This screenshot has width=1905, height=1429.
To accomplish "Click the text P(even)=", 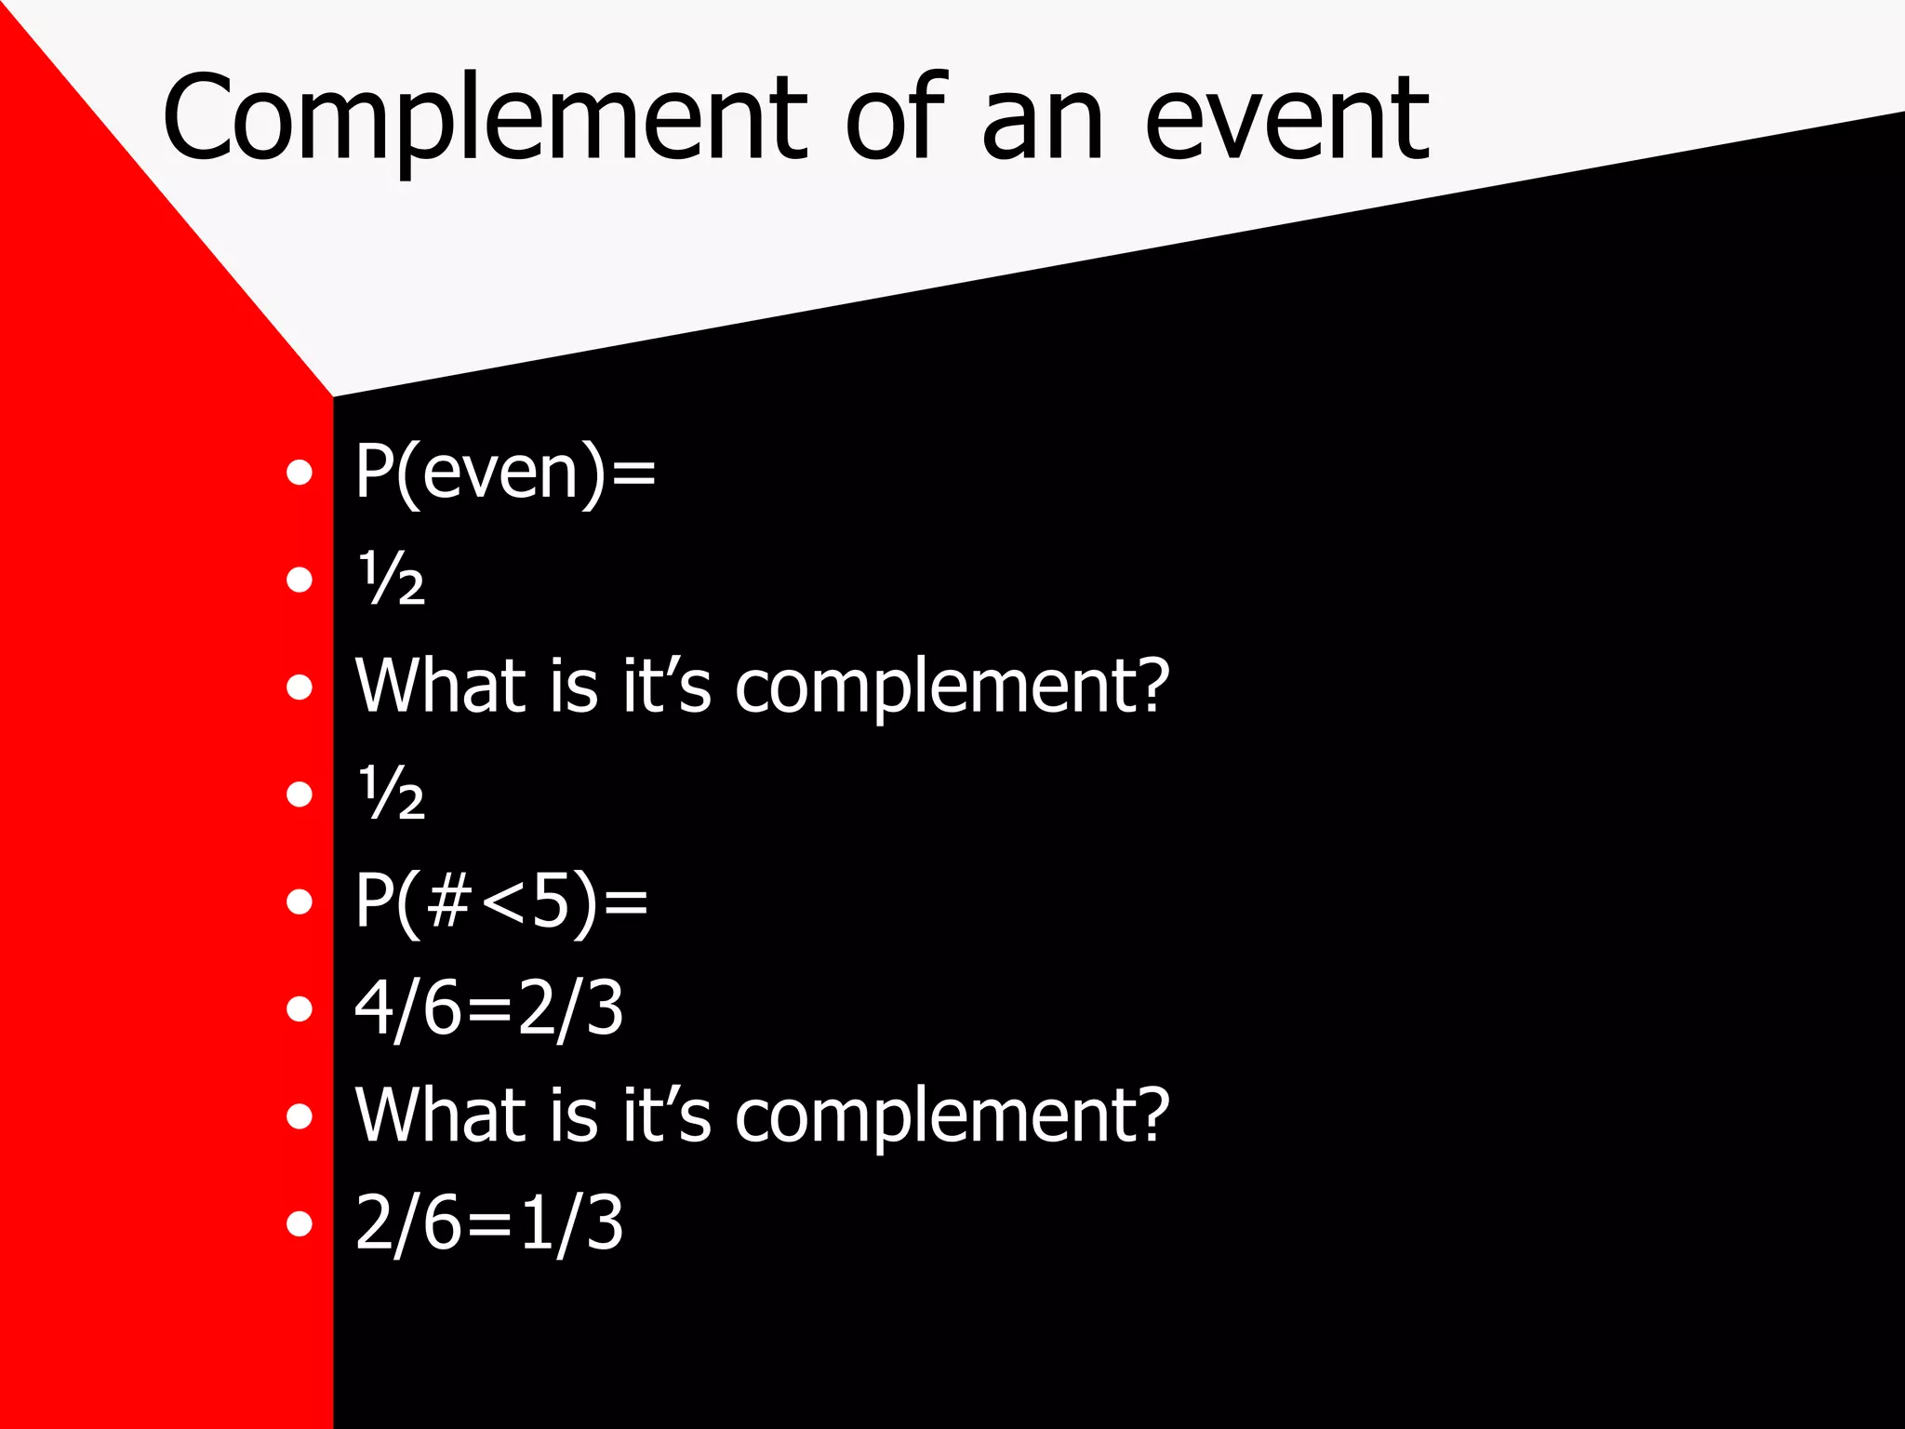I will [505, 473].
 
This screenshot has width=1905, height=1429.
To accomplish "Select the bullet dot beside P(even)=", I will [300, 473].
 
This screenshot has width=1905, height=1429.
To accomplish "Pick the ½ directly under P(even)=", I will [392, 579].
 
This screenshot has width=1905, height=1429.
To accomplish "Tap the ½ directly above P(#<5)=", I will [392, 794].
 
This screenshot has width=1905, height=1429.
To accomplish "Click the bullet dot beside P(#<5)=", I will [300, 901].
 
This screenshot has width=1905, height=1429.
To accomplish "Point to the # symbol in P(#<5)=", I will [448, 901].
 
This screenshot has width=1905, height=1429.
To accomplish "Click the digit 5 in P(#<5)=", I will [551, 901].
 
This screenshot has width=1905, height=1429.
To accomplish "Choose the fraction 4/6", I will [407, 1008].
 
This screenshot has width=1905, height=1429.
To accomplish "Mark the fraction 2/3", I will [570, 1008].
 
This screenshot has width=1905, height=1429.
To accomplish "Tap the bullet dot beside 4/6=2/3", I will [300, 1008].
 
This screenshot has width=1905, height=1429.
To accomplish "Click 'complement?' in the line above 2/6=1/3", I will [952, 1116].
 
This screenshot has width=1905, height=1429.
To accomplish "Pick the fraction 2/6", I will [407, 1222].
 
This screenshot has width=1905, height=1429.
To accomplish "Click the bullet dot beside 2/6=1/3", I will [300, 1222].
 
